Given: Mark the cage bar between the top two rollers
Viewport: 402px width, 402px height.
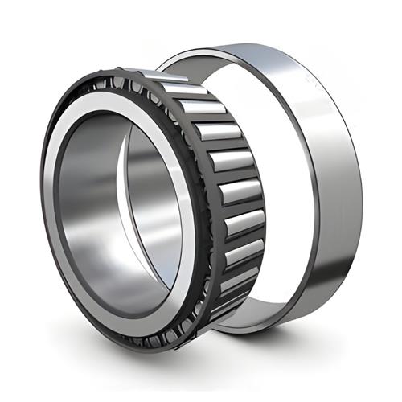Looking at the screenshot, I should click(x=184, y=92).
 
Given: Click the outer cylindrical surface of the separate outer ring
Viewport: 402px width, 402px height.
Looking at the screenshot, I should click(x=322, y=161).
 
